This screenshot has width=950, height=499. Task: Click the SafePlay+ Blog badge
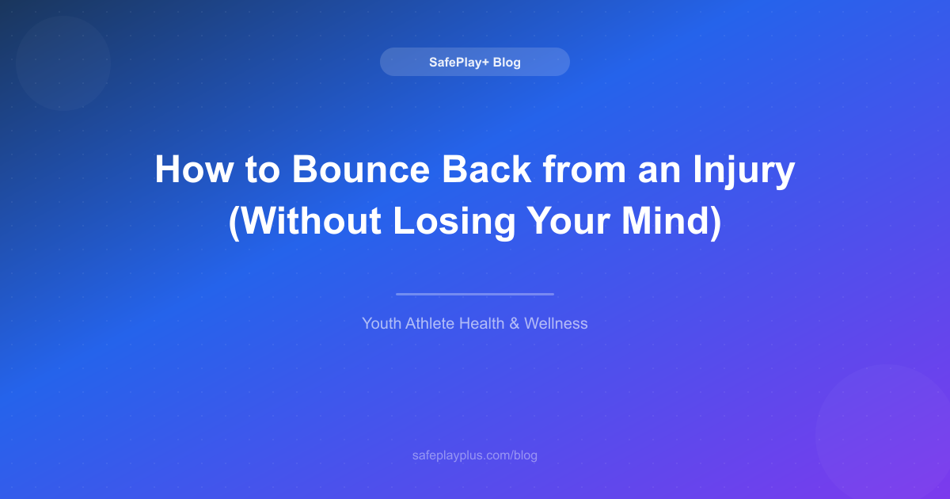point(474,62)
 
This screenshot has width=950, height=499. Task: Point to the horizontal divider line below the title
point(474,294)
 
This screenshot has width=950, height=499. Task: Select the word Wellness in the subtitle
point(556,323)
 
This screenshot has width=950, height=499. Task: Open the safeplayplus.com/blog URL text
point(474,455)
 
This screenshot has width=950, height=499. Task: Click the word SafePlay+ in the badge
point(459,62)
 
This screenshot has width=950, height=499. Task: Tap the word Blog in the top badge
point(507,62)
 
